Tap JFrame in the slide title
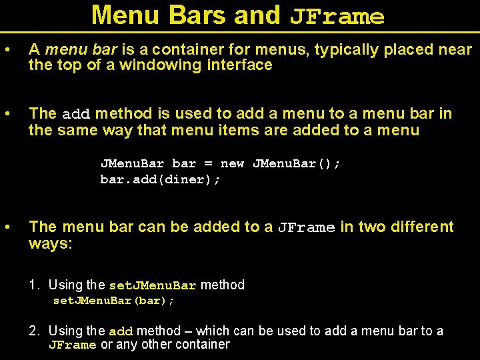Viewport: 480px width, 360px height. click(337, 17)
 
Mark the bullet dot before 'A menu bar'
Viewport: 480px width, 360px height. click(6, 49)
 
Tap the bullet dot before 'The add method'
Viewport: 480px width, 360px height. click(6, 114)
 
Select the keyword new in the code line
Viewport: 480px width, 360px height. click(232, 163)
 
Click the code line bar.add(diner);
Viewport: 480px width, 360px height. click(160, 179)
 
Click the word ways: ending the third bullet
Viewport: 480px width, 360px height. click(51, 243)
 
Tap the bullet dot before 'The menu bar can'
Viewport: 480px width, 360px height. click(6, 227)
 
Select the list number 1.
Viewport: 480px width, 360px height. click(33, 285)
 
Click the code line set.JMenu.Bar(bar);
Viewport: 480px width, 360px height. click(113, 301)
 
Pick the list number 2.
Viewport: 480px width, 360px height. click(33, 331)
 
